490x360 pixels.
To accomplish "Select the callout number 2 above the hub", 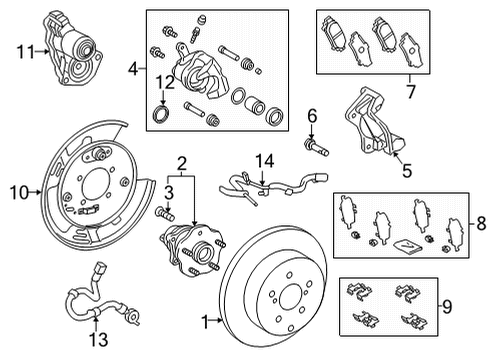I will [181, 163].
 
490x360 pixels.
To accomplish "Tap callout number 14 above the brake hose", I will [263, 159].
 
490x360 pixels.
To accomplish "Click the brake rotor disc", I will [289, 301].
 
